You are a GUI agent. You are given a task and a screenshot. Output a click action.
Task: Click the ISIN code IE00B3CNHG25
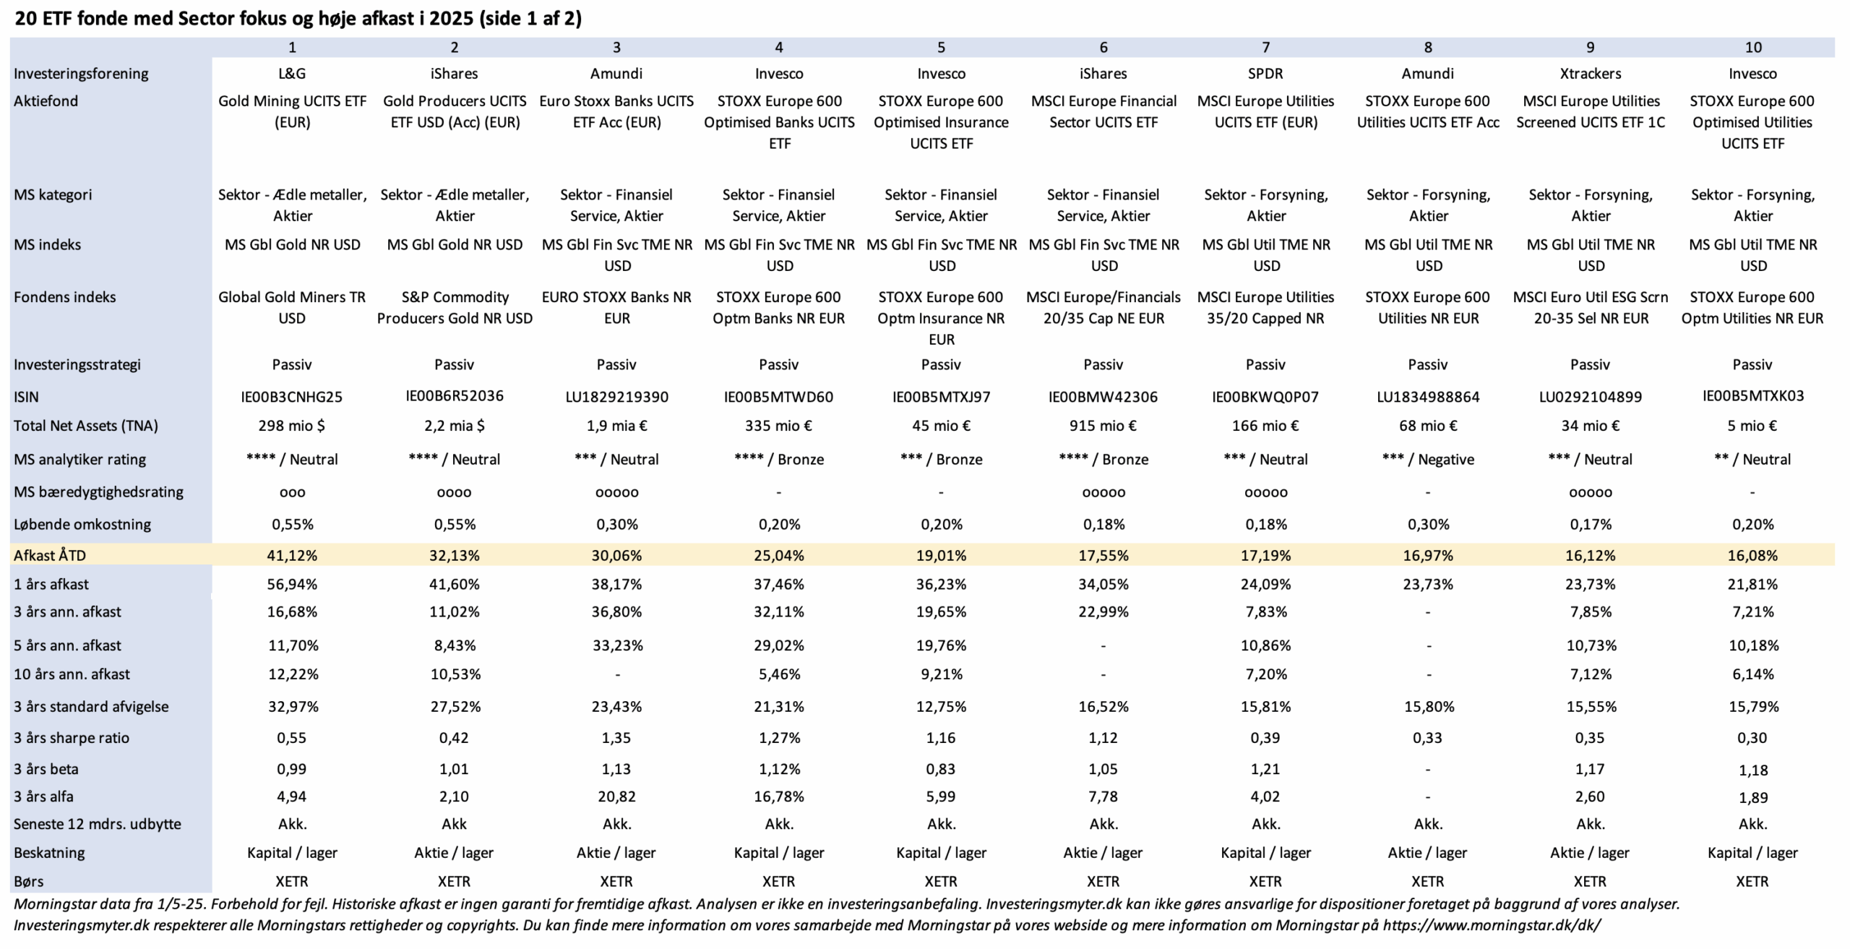(x=292, y=397)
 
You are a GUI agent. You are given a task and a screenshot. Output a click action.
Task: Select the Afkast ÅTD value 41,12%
(x=292, y=555)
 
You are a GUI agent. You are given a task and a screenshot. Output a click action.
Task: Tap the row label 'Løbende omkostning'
(x=82, y=524)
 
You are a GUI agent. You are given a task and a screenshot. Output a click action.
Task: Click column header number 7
(x=1265, y=47)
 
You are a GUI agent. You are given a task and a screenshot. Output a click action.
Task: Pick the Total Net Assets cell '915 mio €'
(x=1103, y=426)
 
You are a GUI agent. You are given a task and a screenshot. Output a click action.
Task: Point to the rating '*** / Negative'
(x=1428, y=459)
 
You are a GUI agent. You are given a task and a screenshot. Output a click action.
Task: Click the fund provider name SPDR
(x=1265, y=73)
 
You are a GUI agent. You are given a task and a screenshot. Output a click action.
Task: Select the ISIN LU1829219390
(x=616, y=397)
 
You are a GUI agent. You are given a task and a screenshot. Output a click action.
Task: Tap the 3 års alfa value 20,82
(x=616, y=796)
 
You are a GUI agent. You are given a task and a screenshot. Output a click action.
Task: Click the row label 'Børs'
(x=28, y=881)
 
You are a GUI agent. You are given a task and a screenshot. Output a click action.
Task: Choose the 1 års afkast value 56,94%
(x=292, y=584)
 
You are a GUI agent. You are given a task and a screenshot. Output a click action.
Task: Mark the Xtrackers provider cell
(x=1590, y=73)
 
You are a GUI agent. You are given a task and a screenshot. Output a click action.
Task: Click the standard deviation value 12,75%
(x=941, y=706)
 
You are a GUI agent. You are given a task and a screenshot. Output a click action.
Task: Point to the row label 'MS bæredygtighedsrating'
(x=98, y=491)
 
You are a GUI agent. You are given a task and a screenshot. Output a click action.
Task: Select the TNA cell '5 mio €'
(x=1752, y=426)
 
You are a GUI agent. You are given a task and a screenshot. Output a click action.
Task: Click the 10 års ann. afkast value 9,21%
(x=941, y=674)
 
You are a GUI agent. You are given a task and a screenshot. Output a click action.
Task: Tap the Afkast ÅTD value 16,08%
(x=1752, y=555)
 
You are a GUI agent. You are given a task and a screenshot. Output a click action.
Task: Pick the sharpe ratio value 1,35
(x=616, y=738)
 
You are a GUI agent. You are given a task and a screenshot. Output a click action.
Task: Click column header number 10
(x=1753, y=47)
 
